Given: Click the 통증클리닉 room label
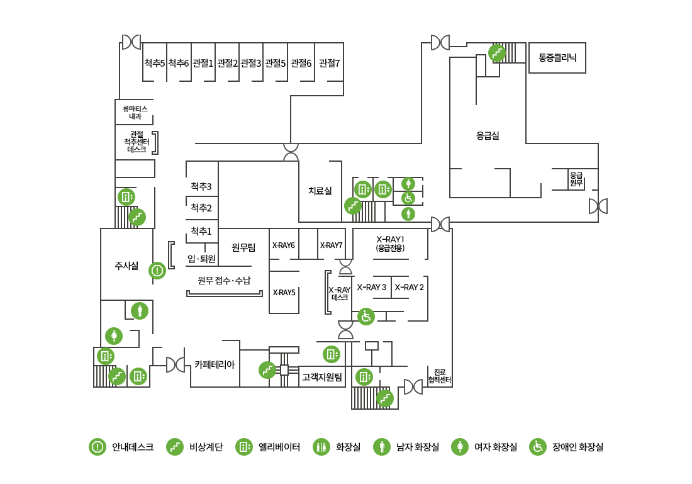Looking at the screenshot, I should tap(557, 57).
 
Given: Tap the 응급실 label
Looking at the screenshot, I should tap(488, 135).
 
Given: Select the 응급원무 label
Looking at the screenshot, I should tap(576, 179).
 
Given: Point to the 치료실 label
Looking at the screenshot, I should tap(320, 191).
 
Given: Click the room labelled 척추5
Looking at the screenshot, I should tap(154, 63).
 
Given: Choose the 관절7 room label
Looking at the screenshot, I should tap(329, 63).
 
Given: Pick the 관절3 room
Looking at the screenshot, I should tap(250, 63).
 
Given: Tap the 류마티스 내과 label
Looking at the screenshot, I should tap(135, 113).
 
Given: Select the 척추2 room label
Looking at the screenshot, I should tap(201, 208).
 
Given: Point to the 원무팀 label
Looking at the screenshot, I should tap(243, 248).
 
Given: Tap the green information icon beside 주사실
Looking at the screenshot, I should tap(157, 271).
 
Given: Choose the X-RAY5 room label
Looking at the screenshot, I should tap(284, 292).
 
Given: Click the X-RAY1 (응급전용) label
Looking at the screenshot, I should tap(390, 244).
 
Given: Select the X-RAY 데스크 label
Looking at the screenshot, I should tap(340, 293).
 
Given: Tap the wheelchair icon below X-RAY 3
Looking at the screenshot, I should tap(366, 317).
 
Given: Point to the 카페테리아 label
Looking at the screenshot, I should tap(215, 364).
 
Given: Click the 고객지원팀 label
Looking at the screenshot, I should tap(321, 378).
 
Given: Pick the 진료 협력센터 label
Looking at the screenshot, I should tap(440, 376).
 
